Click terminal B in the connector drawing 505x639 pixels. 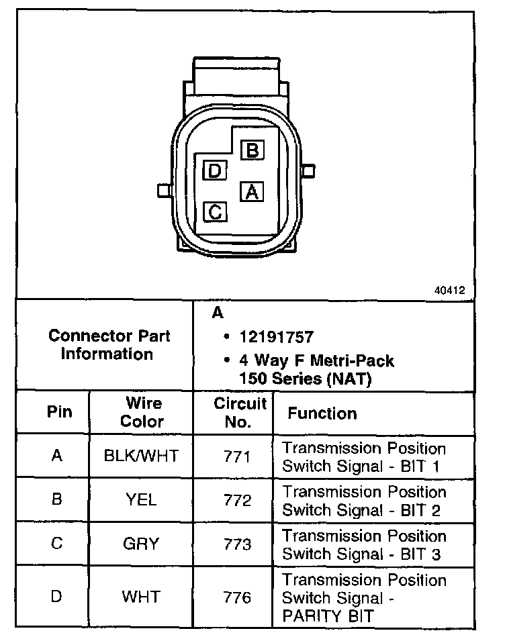click(x=252, y=150)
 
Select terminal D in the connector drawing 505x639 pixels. click(x=214, y=170)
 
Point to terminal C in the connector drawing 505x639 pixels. click(x=215, y=212)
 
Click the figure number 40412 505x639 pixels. click(x=449, y=291)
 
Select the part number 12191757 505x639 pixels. click(x=275, y=336)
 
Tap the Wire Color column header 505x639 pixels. click(x=142, y=412)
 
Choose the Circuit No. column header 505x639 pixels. click(x=240, y=412)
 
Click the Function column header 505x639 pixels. click(x=322, y=413)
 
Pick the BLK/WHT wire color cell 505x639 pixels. click(x=142, y=456)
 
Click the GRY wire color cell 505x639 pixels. click(x=141, y=544)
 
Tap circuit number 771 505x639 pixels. click(x=237, y=456)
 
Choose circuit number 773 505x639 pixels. click(x=237, y=544)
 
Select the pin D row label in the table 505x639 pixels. click(x=57, y=595)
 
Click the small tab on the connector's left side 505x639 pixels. click(x=163, y=191)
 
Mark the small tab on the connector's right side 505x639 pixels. click(x=308, y=170)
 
